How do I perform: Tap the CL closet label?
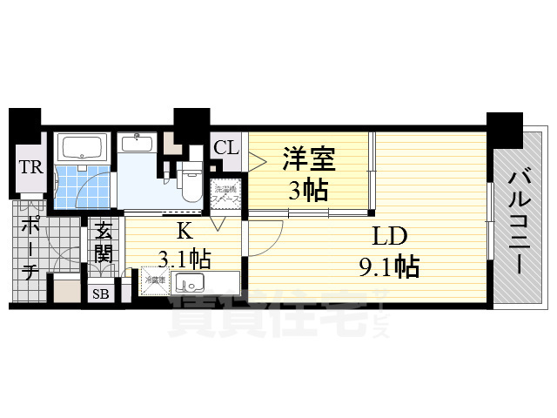coord(225,147)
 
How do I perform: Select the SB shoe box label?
coord(101,293)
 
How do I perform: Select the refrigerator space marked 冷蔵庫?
coord(154,281)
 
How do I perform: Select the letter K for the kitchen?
coord(184,231)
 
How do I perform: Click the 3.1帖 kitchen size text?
coord(185,259)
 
